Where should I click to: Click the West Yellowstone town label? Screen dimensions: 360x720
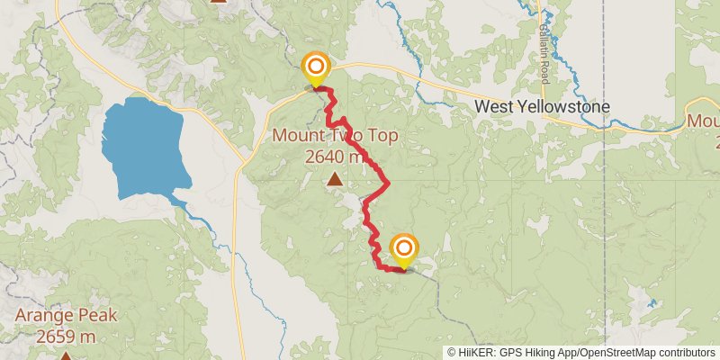pos(542,107)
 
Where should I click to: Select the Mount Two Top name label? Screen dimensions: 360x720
pos(336,136)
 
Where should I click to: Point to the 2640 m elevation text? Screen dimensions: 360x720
pos(336,157)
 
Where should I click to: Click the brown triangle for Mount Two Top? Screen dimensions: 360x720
pos(336,179)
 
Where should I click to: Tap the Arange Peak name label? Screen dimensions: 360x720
pos(66,317)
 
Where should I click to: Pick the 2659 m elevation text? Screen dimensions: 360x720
pos(66,337)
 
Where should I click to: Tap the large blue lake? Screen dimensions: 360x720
pos(144,148)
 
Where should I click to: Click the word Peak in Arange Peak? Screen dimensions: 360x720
pos(97,317)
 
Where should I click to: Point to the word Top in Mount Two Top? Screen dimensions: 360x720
pos(382,136)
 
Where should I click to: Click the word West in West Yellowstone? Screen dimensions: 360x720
pos(494,107)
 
